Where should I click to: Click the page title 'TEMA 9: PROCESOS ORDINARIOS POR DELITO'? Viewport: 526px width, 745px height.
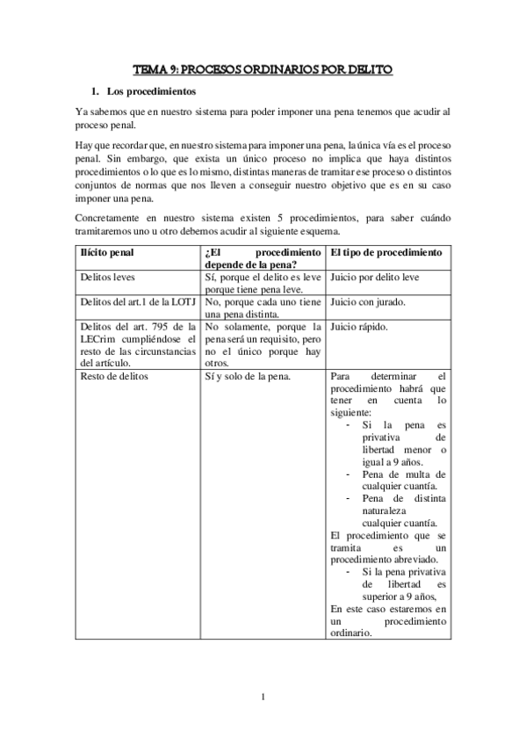(263, 68)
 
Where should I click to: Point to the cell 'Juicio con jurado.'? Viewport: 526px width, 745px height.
(368, 301)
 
